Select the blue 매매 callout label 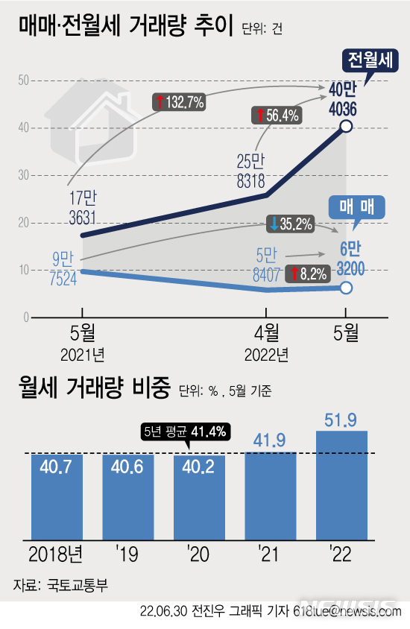pos(357,206)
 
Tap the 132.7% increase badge pos(179,103)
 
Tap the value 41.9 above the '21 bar pos(270,442)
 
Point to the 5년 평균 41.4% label pos(185,431)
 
